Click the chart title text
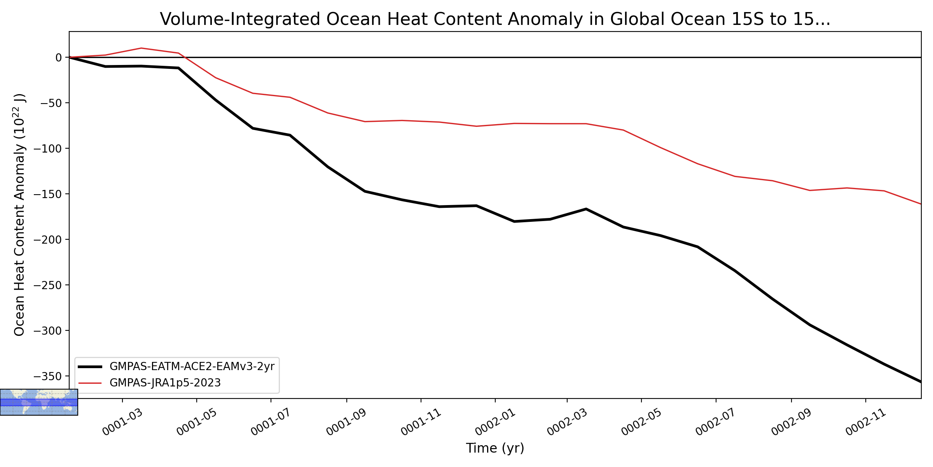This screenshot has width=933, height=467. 495,19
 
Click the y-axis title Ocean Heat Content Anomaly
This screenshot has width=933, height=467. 19,214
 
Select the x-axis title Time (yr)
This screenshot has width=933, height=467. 495,448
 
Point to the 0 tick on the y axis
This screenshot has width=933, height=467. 59,58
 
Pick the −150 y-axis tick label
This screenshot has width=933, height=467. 48,194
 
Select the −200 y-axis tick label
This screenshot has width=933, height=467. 48,240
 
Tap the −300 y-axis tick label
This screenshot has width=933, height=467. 48,331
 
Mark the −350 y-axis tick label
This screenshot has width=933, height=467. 48,376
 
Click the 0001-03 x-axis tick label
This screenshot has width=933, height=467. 123,422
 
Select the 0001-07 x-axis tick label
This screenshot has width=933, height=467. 271,422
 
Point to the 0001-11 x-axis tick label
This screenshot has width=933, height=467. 421,422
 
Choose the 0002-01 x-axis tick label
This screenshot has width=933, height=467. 495,422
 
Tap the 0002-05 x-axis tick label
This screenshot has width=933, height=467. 642,422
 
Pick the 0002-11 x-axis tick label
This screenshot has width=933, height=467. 866,422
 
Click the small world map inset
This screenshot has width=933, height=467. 39,402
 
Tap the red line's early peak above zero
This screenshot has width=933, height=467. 141,48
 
